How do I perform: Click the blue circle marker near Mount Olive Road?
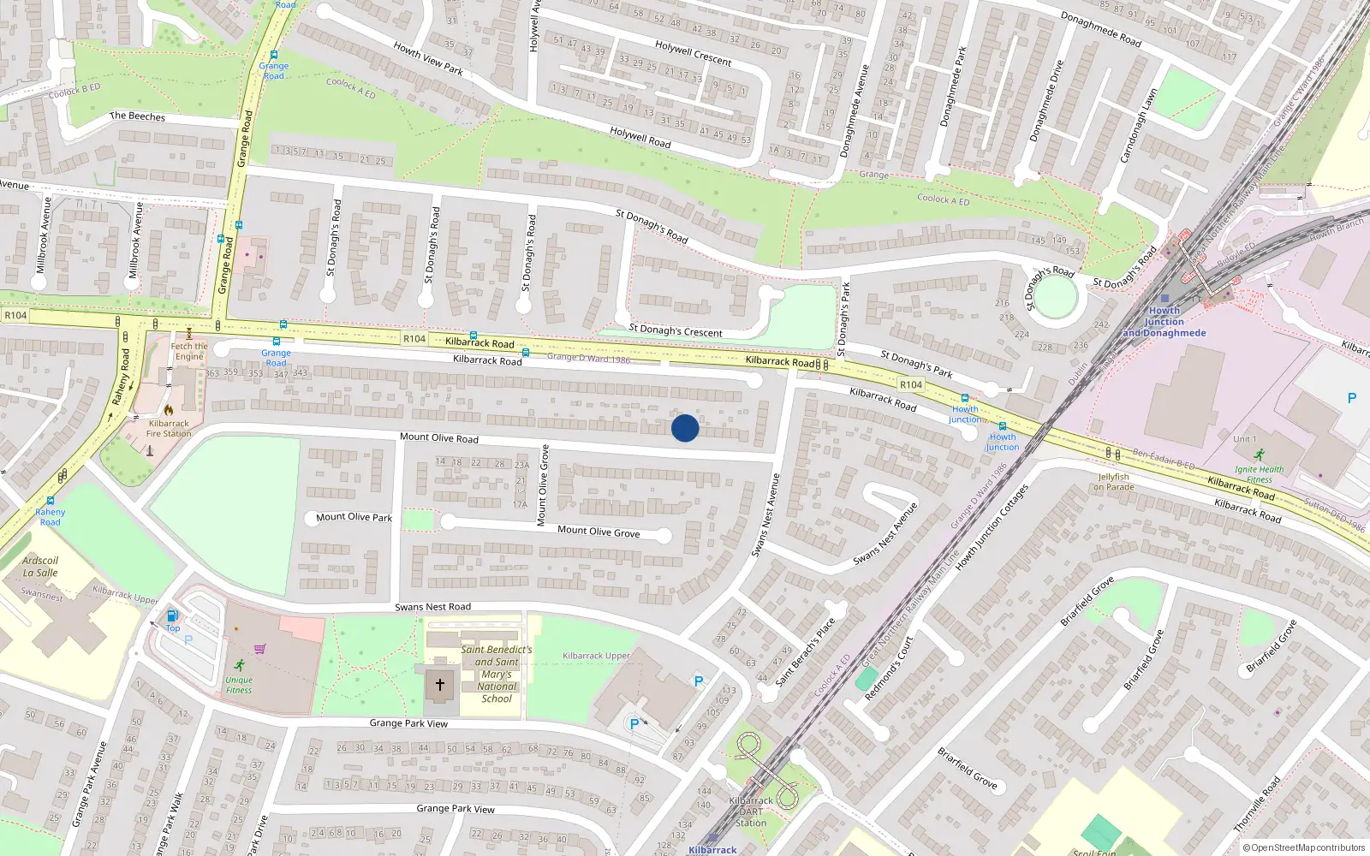(685, 428)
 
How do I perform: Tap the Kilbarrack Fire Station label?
(169, 429)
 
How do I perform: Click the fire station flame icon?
(169, 410)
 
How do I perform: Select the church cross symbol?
(440, 685)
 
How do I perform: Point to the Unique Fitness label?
(239, 685)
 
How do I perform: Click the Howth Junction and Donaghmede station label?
(1164, 322)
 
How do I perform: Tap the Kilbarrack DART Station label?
(751, 811)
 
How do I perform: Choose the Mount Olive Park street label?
(354, 517)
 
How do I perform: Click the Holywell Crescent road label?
(693, 53)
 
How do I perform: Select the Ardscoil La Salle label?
(40, 567)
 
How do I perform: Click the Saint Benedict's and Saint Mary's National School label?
(497, 674)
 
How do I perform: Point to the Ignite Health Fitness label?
(1259, 474)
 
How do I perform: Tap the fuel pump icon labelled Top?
(172, 615)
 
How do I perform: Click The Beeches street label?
(137, 116)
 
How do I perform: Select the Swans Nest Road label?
(432, 607)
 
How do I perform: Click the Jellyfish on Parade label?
(1113, 482)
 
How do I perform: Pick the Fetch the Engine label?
(189, 352)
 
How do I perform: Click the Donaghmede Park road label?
(952, 87)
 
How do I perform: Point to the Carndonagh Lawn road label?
(1138, 126)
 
